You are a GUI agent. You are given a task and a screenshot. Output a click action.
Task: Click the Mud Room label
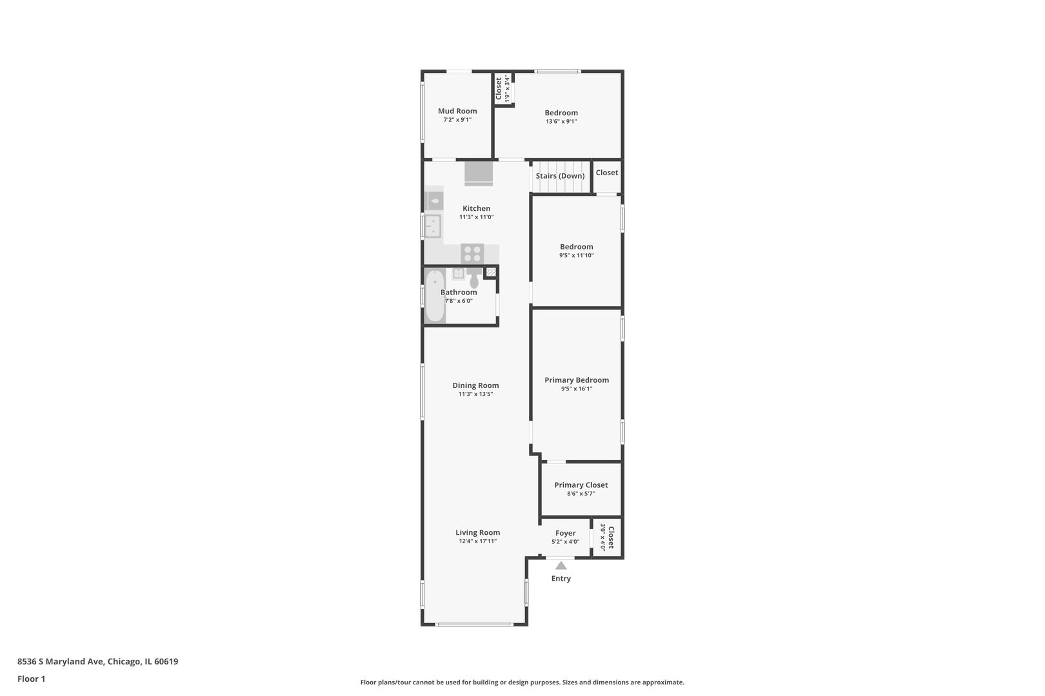(457, 111)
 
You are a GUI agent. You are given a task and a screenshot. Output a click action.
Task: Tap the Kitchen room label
(476, 208)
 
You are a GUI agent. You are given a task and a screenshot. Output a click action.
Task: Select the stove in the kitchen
(472, 253)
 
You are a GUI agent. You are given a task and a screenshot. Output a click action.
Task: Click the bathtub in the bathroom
(435, 296)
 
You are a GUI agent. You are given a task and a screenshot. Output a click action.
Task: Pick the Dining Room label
(475, 385)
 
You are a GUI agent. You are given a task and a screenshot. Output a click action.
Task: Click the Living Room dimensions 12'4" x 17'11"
(477, 541)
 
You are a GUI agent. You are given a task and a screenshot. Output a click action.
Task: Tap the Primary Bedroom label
(576, 380)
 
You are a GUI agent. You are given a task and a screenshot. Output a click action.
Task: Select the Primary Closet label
(581, 485)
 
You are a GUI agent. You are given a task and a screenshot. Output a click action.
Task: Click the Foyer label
(565, 533)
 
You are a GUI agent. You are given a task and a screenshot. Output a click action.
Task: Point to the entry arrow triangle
(561, 566)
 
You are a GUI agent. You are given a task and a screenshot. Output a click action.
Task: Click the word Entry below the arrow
(561, 579)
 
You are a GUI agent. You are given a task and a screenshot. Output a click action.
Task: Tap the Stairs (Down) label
(560, 176)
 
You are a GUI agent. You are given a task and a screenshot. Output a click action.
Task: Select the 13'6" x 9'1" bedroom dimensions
(561, 121)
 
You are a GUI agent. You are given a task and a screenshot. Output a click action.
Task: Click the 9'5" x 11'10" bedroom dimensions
(576, 255)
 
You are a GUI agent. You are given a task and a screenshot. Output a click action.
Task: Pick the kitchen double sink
(433, 226)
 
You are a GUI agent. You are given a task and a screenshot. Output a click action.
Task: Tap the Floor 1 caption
(31, 679)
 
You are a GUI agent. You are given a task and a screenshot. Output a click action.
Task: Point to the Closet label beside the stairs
(606, 173)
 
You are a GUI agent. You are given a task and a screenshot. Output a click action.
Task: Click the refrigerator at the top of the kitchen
(479, 173)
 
